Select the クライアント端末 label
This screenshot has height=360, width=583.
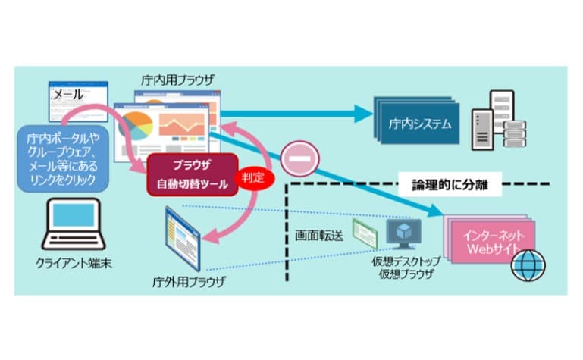click(x=71, y=261)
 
